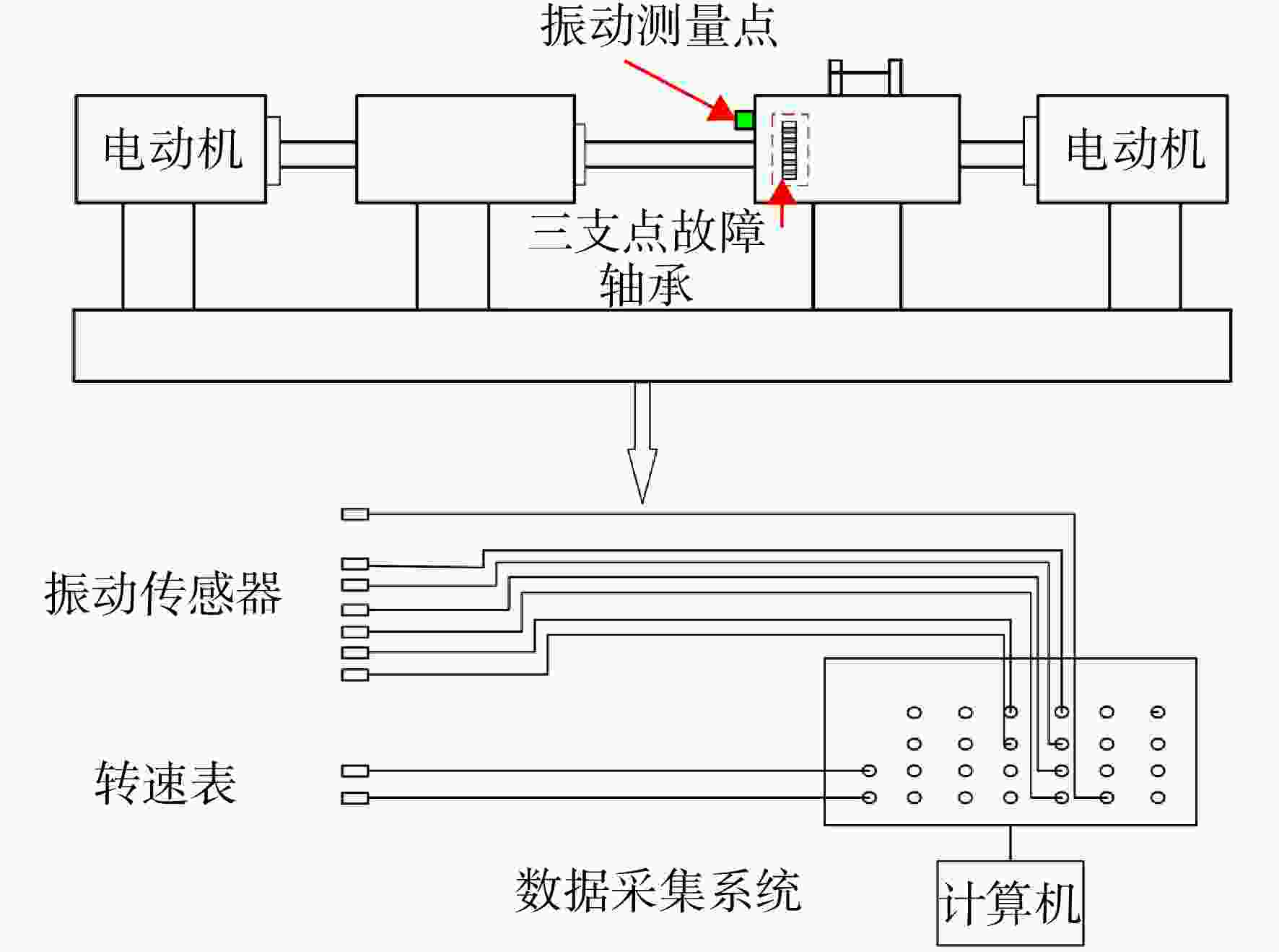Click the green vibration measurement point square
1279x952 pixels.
(x=744, y=120)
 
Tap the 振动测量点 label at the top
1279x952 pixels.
(x=659, y=26)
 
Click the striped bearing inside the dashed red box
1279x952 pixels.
(x=790, y=150)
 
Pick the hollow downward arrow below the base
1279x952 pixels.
(x=642, y=442)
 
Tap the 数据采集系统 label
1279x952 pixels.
(x=658, y=891)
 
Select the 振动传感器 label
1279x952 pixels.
(x=163, y=594)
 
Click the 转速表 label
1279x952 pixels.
(x=165, y=783)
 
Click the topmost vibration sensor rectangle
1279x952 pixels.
(x=355, y=514)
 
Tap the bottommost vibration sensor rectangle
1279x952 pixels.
(x=355, y=675)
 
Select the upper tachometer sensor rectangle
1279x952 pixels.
(x=355, y=771)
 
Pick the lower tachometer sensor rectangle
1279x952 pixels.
(x=355, y=798)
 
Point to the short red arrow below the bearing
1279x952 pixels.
(x=782, y=205)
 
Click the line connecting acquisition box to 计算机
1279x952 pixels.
(x=1010, y=843)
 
